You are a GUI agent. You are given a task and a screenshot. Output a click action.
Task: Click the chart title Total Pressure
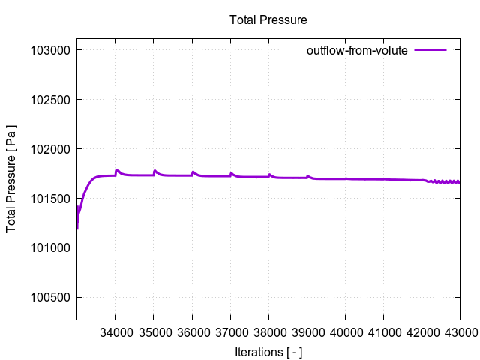click(x=268, y=19)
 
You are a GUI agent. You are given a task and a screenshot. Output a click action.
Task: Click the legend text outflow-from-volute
click(x=356, y=51)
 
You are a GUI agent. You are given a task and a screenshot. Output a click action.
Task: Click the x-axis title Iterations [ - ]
click(x=268, y=352)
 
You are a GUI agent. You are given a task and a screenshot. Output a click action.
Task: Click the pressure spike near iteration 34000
click(x=116, y=170)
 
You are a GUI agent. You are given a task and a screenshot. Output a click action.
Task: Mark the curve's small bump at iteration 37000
click(x=231, y=173)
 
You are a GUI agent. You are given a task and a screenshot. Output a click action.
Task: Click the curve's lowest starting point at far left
click(x=77, y=228)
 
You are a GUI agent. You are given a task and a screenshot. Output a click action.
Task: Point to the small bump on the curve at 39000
click(x=307, y=176)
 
